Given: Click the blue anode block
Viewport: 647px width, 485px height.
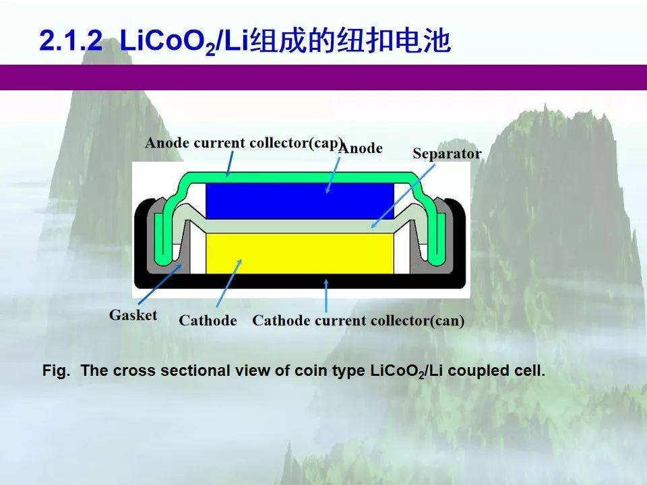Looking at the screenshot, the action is (299, 201).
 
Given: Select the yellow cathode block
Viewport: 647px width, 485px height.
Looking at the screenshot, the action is (299, 253).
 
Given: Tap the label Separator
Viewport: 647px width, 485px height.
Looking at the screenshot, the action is (447, 154).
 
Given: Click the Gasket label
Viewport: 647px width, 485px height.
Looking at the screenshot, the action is (133, 315).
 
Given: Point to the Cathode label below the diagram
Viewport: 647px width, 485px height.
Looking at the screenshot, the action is (208, 321).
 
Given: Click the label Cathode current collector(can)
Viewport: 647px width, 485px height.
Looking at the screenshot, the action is (358, 321).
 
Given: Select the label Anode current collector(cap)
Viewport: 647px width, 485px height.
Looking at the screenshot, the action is (244, 143).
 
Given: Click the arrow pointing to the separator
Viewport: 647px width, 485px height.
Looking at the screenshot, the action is (403, 196).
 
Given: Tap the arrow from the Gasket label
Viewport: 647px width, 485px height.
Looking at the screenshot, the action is (160, 284).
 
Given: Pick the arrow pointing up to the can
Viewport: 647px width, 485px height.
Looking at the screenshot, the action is (326, 296).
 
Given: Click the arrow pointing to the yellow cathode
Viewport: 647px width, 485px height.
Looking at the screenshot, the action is (229, 283).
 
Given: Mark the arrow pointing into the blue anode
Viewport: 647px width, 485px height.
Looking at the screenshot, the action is (334, 175).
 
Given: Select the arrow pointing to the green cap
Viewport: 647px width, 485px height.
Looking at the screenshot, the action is (229, 164).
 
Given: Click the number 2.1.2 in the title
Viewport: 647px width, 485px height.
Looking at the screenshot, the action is (71, 41).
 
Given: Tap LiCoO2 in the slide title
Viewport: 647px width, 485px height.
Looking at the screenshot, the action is (168, 42).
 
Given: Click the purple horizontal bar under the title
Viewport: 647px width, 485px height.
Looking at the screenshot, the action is (323, 77).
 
